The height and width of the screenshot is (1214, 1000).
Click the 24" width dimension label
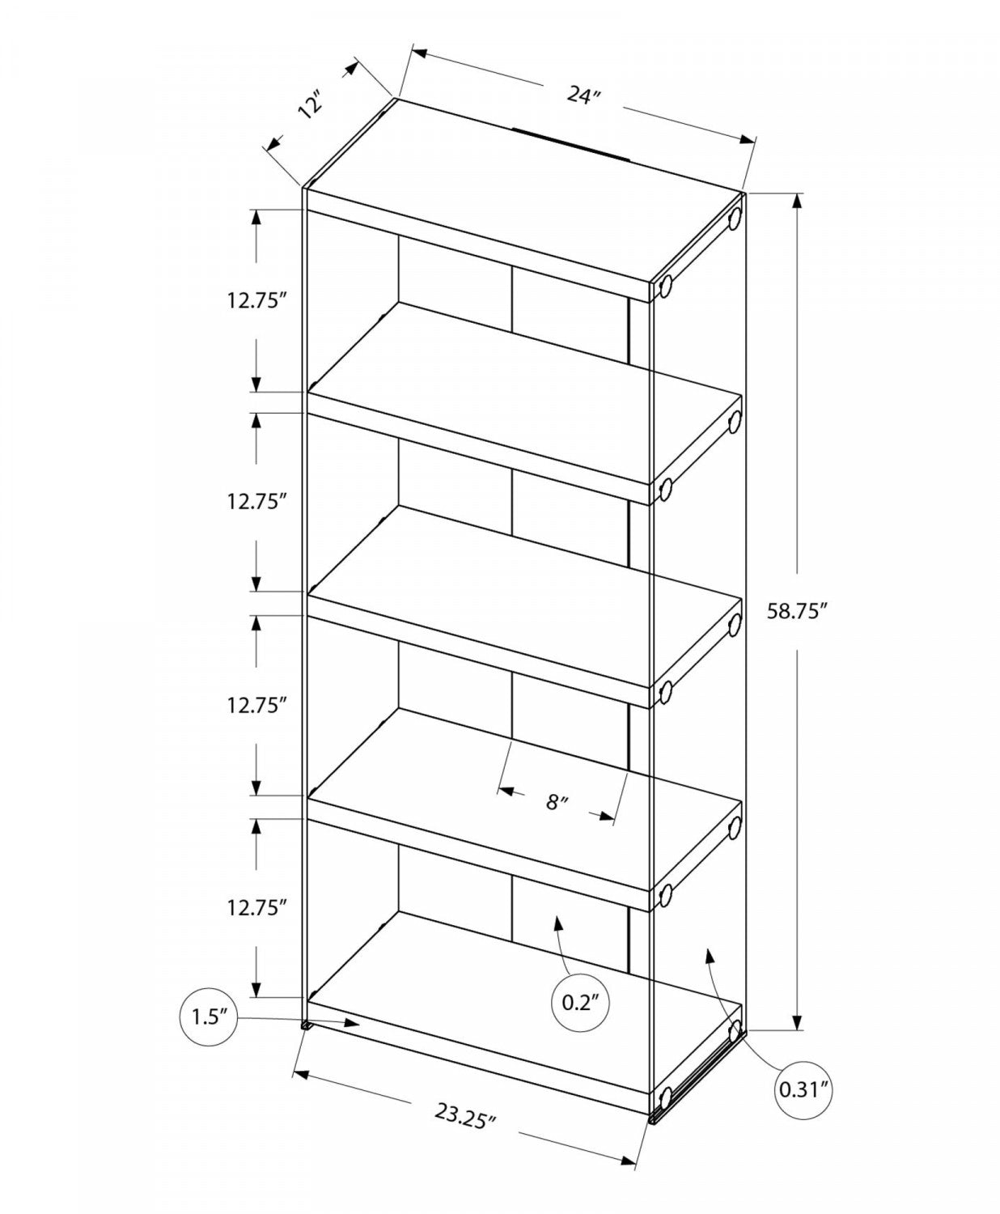pyautogui.click(x=584, y=95)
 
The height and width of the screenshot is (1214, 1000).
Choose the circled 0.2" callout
pyautogui.click(x=580, y=1003)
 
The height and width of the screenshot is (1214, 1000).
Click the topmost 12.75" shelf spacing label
pyautogui.click(x=257, y=300)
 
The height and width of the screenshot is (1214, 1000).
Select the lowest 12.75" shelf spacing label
pyautogui.click(x=257, y=907)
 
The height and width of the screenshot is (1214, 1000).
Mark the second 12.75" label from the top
pyautogui.click(x=257, y=502)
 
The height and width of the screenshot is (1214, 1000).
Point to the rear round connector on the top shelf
pyautogui.click(x=735, y=219)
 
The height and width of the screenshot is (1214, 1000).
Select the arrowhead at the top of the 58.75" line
pyautogui.click(x=799, y=202)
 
